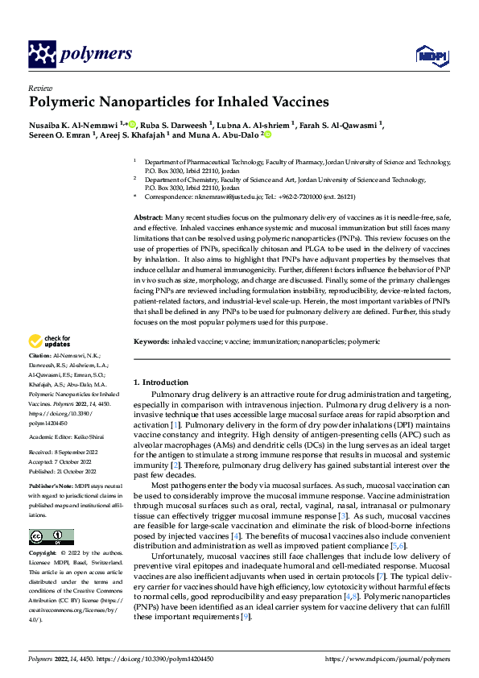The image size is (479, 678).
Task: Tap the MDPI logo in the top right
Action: tap(430, 55)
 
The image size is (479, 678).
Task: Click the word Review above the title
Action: tap(40, 88)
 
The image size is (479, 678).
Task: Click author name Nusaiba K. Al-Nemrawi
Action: tap(72, 125)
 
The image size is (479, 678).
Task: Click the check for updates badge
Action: tap(50, 365)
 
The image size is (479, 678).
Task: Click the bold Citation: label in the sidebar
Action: tap(41, 377)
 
